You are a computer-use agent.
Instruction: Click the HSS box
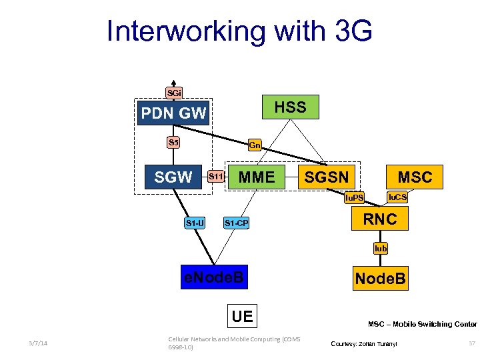point(290,107)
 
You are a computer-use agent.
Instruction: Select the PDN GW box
point(173,113)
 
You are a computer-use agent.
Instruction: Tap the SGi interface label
point(173,93)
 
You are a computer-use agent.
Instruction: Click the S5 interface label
point(173,142)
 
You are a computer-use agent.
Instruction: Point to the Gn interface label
point(255,145)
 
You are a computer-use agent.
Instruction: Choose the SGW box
point(173,177)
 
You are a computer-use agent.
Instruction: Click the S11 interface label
point(215,177)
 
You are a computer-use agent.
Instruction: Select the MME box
point(257,177)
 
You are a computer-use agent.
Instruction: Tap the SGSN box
point(327,177)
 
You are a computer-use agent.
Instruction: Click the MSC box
point(415,177)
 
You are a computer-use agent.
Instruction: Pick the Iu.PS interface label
point(353,198)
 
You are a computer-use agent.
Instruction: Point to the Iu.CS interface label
point(397,197)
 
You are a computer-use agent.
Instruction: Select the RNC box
point(379,219)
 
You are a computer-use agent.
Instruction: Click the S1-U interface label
point(195,223)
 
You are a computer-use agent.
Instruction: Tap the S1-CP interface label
point(236,223)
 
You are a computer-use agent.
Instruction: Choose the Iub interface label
point(380,248)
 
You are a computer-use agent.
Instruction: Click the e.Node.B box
point(215,277)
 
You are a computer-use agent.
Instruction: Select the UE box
point(242,316)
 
